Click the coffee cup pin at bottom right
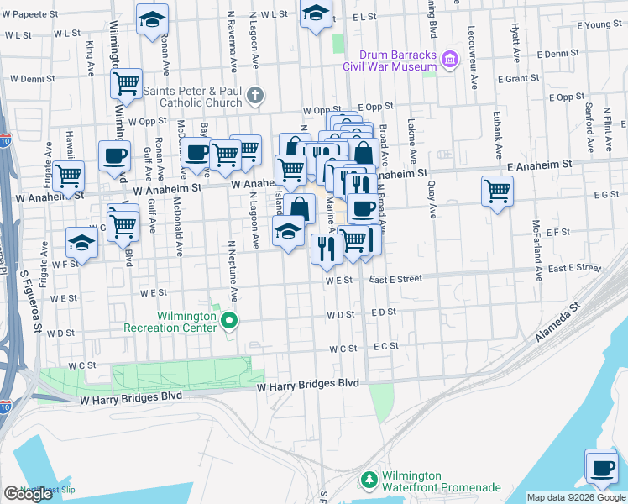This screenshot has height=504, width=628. click(x=600, y=466)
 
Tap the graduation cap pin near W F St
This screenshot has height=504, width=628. click(x=82, y=241)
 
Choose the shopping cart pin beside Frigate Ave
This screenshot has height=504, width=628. click(x=68, y=176)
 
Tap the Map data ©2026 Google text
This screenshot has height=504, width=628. click(x=576, y=497)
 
